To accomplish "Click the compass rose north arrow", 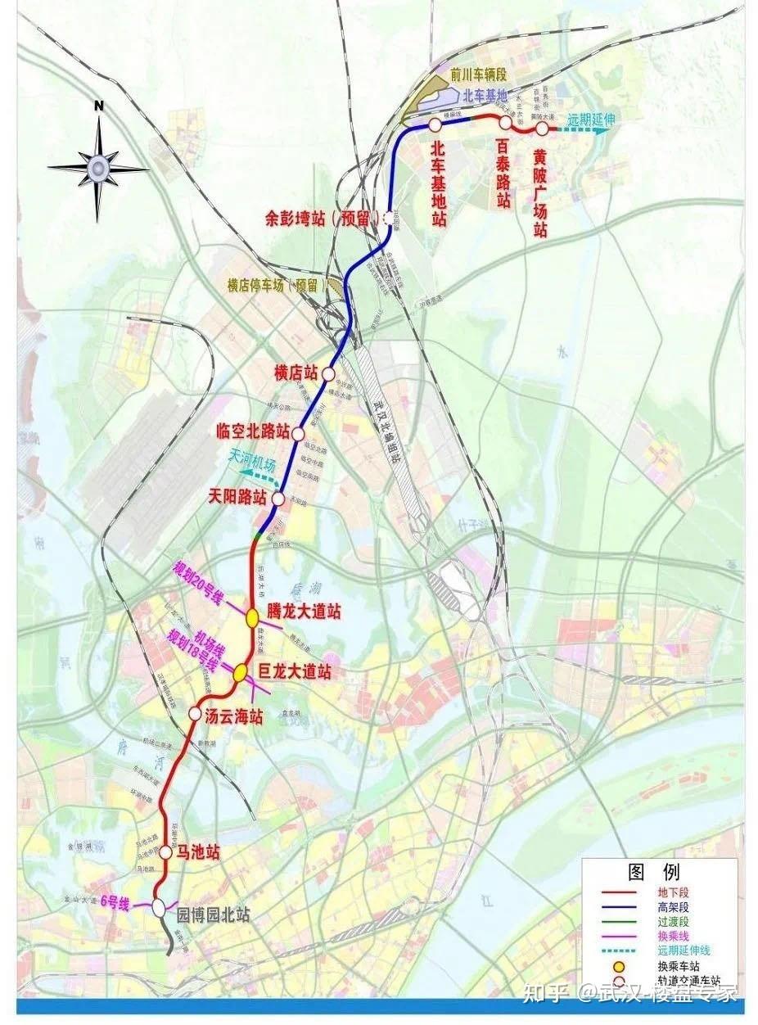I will (98, 167).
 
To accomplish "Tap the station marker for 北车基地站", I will (434, 124).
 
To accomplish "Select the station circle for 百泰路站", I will (506, 122).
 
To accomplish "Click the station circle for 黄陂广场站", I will (542, 127).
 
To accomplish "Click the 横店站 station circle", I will (328, 373).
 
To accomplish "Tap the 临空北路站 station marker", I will (298, 432).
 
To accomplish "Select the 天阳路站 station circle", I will (277, 498).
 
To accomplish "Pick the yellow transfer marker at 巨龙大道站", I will (241, 672).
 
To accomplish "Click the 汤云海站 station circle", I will (195, 713).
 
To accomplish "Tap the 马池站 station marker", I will (165, 851).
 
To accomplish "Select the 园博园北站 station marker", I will (159, 906).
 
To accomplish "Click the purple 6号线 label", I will (115, 902).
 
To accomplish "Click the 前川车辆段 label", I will (480, 74).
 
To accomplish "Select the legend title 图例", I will (653, 870).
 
